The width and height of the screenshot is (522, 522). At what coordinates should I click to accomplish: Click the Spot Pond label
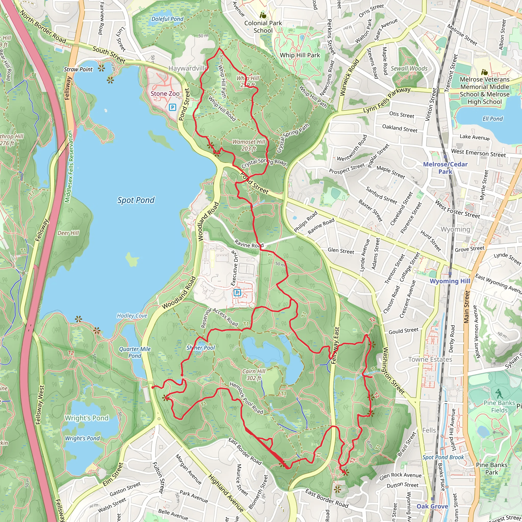[136, 200]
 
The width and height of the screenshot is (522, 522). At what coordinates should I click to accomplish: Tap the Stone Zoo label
[165, 94]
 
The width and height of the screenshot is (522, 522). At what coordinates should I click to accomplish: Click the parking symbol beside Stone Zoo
[172, 108]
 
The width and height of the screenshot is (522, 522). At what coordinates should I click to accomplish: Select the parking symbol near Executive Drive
[237, 293]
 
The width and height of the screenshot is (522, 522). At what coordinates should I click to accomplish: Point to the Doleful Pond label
[167, 19]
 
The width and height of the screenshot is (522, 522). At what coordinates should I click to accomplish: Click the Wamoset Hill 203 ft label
[249, 145]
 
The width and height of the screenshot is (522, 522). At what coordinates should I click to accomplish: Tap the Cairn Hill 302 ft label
[254, 374]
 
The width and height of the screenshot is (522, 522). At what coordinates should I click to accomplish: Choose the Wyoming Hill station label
[450, 281]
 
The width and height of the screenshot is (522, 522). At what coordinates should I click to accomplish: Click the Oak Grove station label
[432, 506]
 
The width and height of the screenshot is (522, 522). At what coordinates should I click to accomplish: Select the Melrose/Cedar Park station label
[445, 168]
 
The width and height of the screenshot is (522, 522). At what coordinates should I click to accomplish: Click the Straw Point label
[78, 69]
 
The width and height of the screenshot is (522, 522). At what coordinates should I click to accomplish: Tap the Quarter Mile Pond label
[135, 352]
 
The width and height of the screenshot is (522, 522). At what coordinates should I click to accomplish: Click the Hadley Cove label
[132, 316]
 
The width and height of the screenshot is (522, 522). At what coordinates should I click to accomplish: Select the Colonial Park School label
[263, 27]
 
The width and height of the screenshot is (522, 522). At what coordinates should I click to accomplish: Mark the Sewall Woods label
[409, 69]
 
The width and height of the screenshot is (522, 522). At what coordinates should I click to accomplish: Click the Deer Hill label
[68, 233]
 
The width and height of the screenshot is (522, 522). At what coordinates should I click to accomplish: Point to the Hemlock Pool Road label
[246, 398]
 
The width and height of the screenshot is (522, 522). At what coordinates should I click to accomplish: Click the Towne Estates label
[430, 359]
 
